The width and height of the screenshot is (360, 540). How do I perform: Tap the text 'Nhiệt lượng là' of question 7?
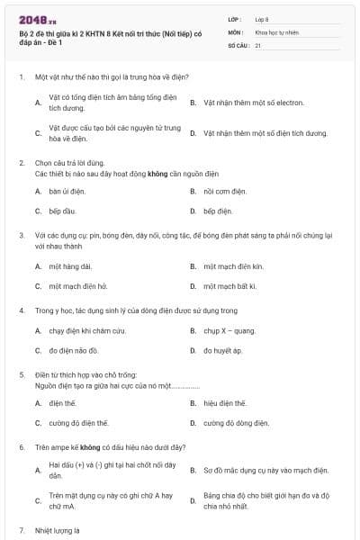pyautogui.click(x=57, y=531)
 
